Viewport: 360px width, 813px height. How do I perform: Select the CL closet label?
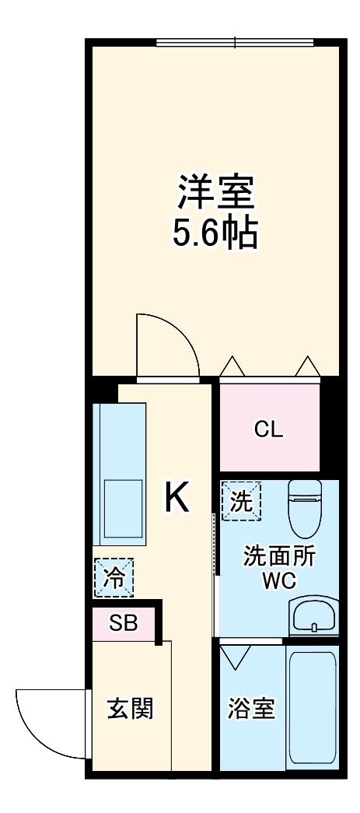tap(270, 429)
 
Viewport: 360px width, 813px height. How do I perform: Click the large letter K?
tap(177, 497)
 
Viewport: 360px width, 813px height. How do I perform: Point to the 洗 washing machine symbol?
tap(242, 502)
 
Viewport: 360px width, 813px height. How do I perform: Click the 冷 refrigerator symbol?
tap(114, 578)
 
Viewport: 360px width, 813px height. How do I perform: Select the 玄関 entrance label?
tap(129, 708)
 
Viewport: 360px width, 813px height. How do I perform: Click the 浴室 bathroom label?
tap(251, 709)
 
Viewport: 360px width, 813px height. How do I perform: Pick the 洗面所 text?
tap(269, 557)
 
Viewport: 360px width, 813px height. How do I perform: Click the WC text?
tap(269, 581)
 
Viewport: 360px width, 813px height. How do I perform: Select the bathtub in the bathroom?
tap(312, 708)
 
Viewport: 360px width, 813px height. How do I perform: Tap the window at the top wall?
tap(235, 43)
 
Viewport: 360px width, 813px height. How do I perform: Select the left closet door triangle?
tap(231, 366)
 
